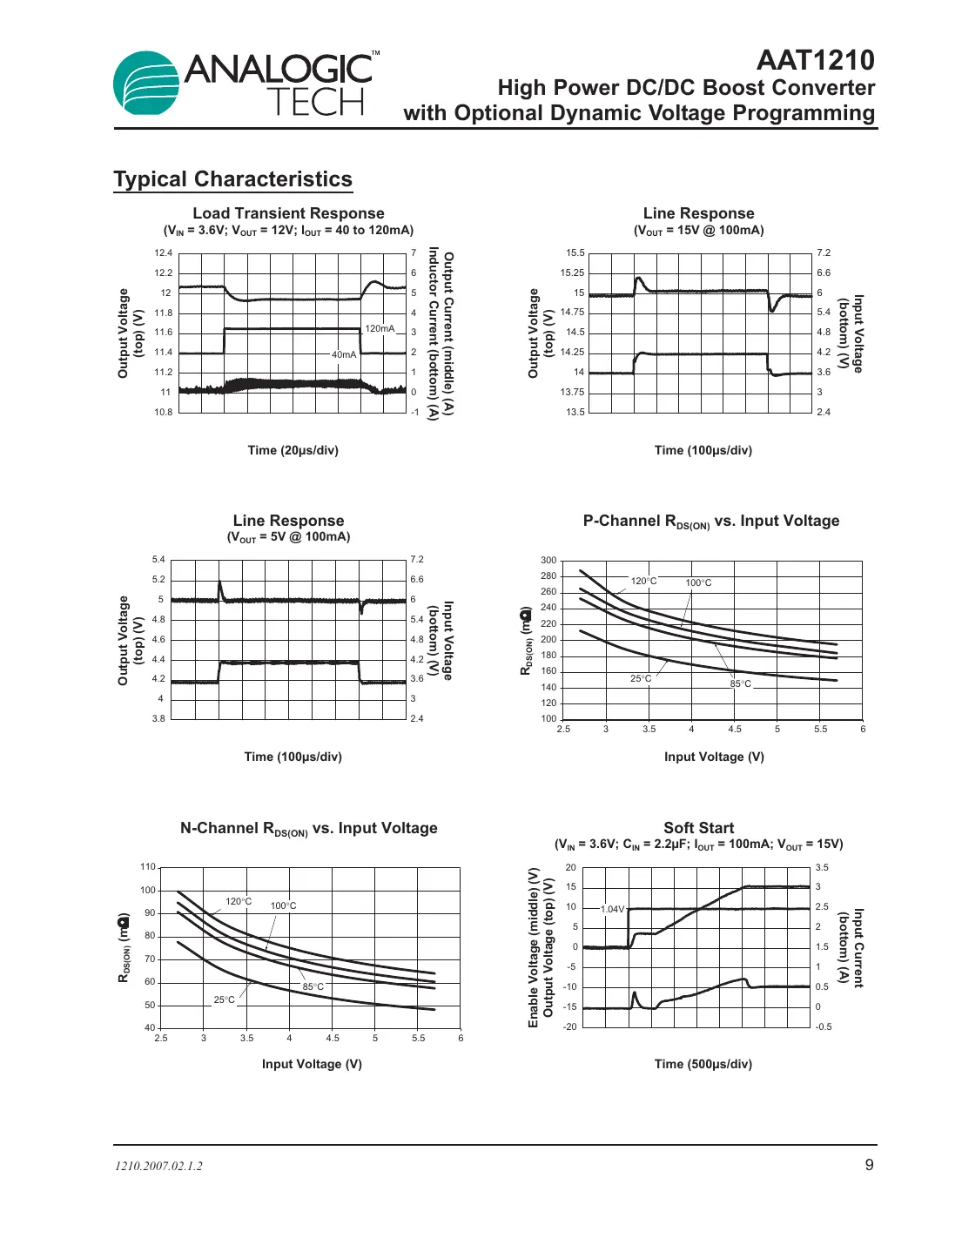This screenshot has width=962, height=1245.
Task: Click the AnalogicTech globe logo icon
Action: pos(146,84)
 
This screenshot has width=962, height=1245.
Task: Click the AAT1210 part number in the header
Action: pos(815,60)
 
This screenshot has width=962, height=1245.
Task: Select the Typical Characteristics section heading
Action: pos(232,179)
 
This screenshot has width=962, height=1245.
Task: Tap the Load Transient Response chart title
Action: pos(288,213)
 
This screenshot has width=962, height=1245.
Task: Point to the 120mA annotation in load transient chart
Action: pos(380,328)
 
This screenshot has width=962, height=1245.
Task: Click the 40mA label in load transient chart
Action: pos(344,354)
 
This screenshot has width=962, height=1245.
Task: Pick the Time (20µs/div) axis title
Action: pos(293,450)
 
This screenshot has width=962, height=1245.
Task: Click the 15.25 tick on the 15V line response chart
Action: pos(572,273)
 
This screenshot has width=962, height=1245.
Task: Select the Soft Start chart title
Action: pos(698,828)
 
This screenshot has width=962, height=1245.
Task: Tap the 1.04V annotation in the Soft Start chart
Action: pos(613,909)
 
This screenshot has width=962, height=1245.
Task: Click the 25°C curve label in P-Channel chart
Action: pos(641,678)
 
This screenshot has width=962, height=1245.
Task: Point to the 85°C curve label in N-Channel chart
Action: pos(313,986)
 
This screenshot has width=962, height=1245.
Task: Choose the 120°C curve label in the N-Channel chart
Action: pos(239,901)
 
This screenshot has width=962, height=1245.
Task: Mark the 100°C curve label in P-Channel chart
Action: pos(698,582)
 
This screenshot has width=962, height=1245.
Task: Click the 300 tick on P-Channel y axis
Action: pos(548,560)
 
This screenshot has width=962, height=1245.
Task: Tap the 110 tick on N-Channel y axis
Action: pos(148,866)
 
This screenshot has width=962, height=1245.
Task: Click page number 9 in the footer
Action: pos(869,1165)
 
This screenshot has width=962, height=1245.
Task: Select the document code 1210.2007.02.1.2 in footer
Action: pos(158,1166)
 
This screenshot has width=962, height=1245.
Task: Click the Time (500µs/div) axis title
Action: pos(703,1064)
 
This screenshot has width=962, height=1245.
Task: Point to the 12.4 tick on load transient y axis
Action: pos(164,252)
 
